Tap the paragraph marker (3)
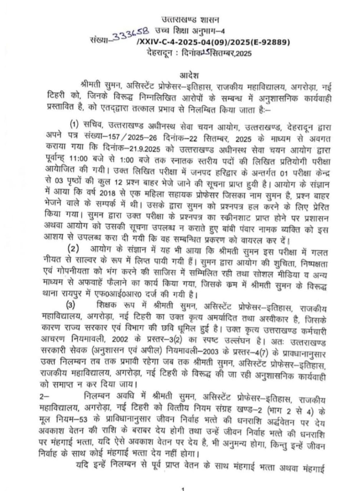pyautogui.click(x=71, y=306)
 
